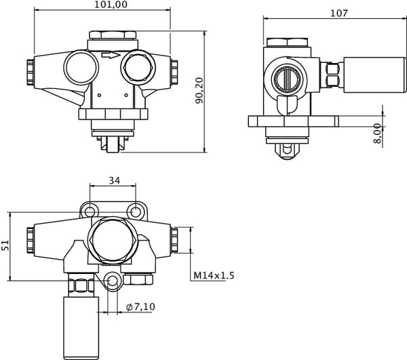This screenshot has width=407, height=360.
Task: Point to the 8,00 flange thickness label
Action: tap(377, 134)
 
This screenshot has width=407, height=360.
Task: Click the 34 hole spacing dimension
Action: tap(114, 180)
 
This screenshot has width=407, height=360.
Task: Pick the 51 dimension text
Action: tap(6, 245)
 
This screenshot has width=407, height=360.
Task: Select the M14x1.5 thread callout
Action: tap(214, 276)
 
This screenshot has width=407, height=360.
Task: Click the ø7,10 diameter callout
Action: tap(140, 307)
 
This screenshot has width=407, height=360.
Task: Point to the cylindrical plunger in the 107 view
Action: tap(360, 76)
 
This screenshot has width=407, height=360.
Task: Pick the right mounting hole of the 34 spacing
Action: tap(136, 210)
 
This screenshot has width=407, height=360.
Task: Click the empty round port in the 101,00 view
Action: tap(81, 68)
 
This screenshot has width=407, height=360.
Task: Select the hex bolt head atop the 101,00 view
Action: tap(112, 35)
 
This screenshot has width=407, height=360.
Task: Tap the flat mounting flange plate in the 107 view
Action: tap(293, 122)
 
